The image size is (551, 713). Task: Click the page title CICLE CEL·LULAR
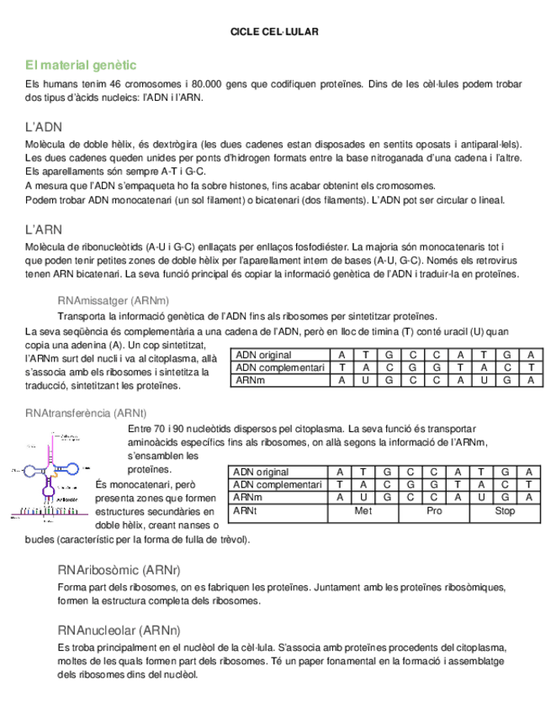(x=274, y=32)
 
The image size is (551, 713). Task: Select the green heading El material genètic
(x=81, y=65)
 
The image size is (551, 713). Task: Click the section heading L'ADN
(x=44, y=127)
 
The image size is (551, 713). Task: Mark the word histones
(x=251, y=186)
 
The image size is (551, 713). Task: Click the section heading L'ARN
(x=44, y=230)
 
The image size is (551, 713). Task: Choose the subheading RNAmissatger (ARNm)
(x=114, y=301)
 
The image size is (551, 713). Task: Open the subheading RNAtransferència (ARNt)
(x=87, y=413)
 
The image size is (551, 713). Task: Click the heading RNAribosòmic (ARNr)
(x=119, y=570)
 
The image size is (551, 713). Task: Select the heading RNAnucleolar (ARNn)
(x=119, y=630)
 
